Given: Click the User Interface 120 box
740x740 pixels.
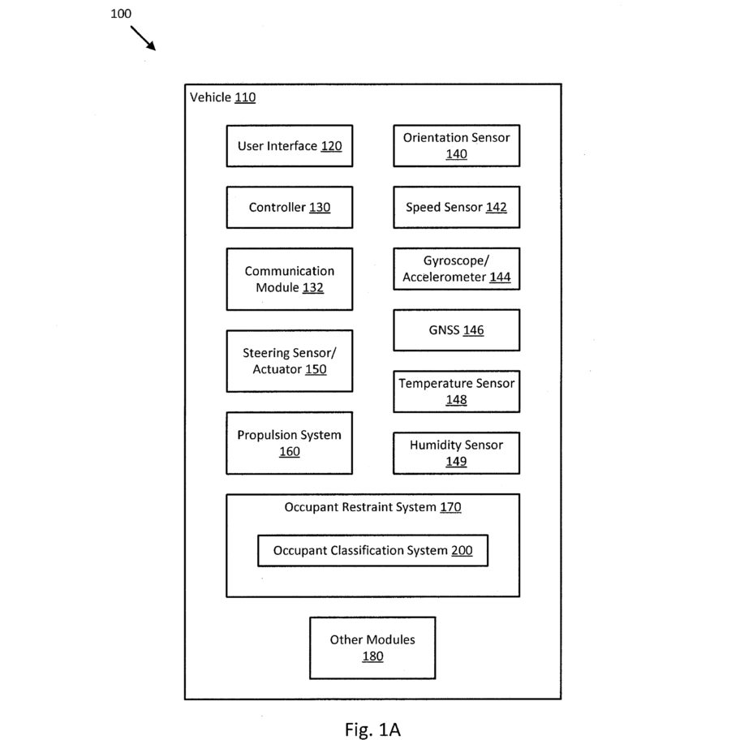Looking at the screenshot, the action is pyautogui.click(x=290, y=146).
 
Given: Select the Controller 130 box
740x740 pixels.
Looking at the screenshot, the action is pyautogui.click(x=290, y=207).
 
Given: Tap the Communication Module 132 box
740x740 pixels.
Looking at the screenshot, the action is pyautogui.click(x=290, y=279).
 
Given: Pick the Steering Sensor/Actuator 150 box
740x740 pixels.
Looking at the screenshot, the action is pyautogui.click(x=290, y=361).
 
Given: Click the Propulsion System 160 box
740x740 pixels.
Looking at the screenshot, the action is pyautogui.click(x=290, y=443).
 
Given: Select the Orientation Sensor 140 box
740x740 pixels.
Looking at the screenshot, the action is pyautogui.click(x=456, y=146).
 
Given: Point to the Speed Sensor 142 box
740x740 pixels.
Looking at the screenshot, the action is pyautogui.click(x=456, y=207).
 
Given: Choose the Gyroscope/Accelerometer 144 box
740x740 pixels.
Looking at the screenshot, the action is pyautogui.click(x=456, y=269).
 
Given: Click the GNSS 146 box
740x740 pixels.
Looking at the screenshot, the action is pyautogui.click(x=456, y=330).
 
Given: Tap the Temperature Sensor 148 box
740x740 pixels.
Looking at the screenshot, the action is pyautogui.click(x=456, y=391).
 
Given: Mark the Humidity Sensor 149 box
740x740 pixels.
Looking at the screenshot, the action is pyautogui.click(x=456, y=453).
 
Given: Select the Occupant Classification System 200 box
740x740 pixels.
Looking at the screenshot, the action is pyautogui.click(x=372, y=550).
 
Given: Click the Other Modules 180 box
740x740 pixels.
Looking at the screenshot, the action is pyautogui.click(x=372, y=648).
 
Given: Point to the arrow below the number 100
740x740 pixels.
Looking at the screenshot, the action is pyautogui.click(x=143, y=38).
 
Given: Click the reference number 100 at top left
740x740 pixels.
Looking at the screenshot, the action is pyautogui.click(x=121, y=13).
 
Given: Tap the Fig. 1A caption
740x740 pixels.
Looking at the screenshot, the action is pyautogui.click(x=372, y=729).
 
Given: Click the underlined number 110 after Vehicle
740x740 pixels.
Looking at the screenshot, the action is pyautogui.click(x=245, y=97).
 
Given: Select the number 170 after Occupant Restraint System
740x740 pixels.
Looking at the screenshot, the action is pyautogui.click(x=450, y=507).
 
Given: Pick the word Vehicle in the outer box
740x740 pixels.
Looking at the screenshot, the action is pyautogui.click(x=210, y=97).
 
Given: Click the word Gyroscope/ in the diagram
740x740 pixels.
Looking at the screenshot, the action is pyautogui.click(x=456, y=261).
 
